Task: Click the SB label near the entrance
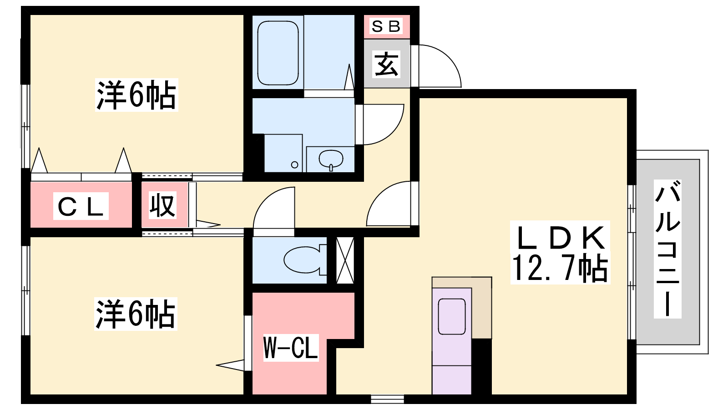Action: [x=386, y=26]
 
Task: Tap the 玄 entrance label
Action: [x=386, y=64]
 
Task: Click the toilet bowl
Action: [x=302, y=260]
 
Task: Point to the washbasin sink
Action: [x=331, y=159]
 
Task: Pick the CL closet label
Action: [x=81, y=207]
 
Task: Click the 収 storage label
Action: [x=162, y=205]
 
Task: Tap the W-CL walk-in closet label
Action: [x=290, y=348]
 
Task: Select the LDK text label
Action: [x=561, y=237]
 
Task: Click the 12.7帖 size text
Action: [x=560, y=269]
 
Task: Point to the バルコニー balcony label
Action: [x=667, y=249]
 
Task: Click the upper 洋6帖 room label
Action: [x=136, y=95]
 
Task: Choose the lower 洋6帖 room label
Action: [x=135, y=314]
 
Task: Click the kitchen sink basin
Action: [x=451, y=317]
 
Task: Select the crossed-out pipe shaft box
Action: [x=345, y=260]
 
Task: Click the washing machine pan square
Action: [x=283, y=153]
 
